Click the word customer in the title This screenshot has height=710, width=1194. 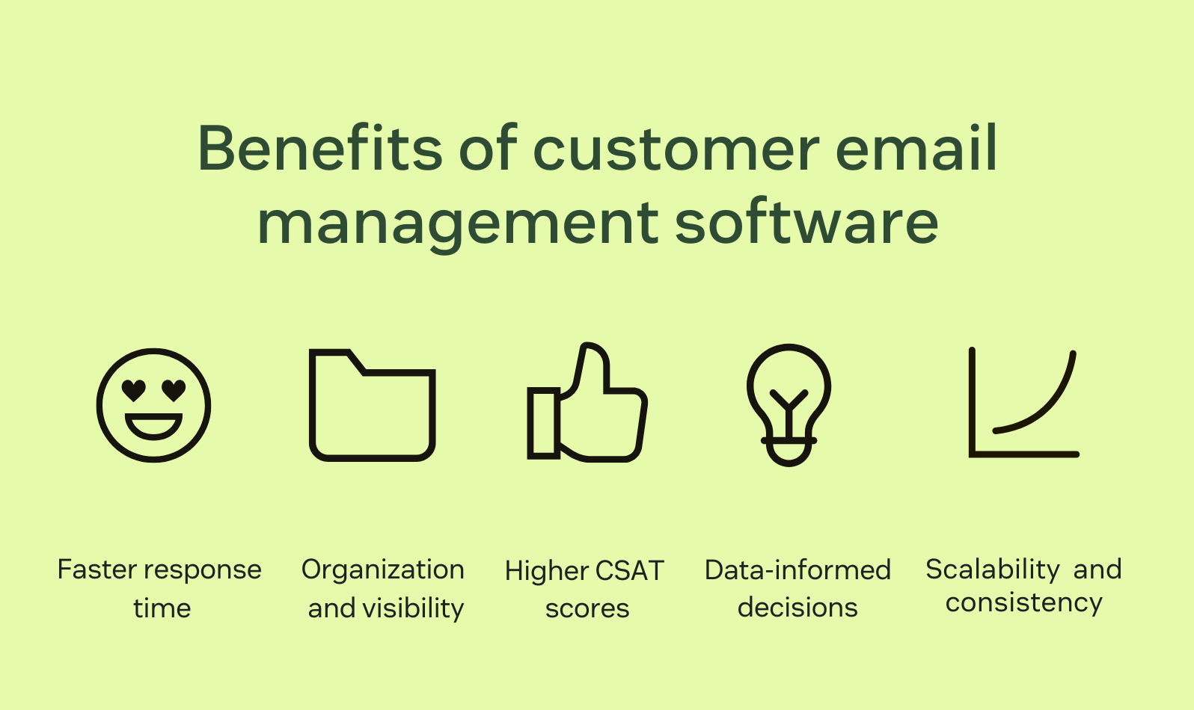[x=676, y=149]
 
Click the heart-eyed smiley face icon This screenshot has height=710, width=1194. [x=153, y=405]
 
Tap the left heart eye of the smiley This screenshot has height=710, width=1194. [x=133, y=389]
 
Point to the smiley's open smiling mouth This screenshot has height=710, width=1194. [x=153, y=427]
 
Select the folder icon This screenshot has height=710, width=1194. [x=372, y=405]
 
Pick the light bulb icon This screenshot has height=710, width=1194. [x=789, y=404]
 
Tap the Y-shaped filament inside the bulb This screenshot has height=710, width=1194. [x=789, y=407]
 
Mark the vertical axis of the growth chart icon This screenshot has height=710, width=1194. [x=972, y=400]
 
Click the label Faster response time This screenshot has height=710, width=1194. [x=160, y=588]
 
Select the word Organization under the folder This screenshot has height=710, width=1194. [x=382, y=569]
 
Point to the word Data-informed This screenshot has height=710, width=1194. [x=797, y=570]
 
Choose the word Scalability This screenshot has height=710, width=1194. [x=992, y=569]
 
